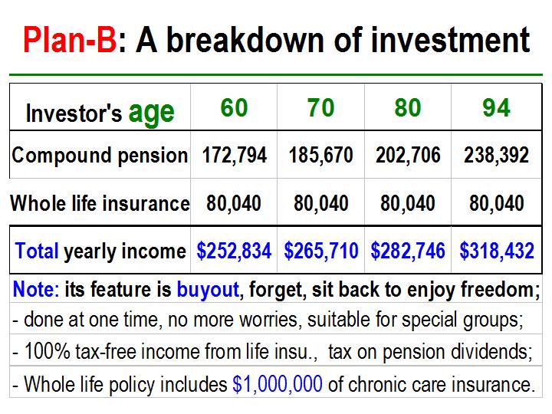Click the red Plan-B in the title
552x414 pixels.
(x=70, y=40)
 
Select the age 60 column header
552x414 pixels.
(x=234, y=107)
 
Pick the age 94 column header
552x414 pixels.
(x=496, y=107)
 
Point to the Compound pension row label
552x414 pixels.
(x=100, y=155)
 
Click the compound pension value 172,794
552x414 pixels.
(x=234, y=155)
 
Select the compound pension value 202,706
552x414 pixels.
(x=408, y=155)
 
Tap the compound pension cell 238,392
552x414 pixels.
(x=496, y=155)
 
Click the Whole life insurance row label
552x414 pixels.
(x=100, y=203)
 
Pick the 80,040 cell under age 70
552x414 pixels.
(x=321, y=203)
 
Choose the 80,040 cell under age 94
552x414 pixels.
(x=496, y=203)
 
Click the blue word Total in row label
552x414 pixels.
(x=37, y=251)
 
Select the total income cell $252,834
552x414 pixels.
(x=234, y=251)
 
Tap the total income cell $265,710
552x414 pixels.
(x=321, y=251)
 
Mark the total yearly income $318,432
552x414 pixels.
(x=497, y=251)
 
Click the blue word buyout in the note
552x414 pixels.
(x=208, y=290)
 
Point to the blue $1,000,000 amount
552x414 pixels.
(x=278, y=384)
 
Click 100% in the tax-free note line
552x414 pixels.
(x=47, y=351)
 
